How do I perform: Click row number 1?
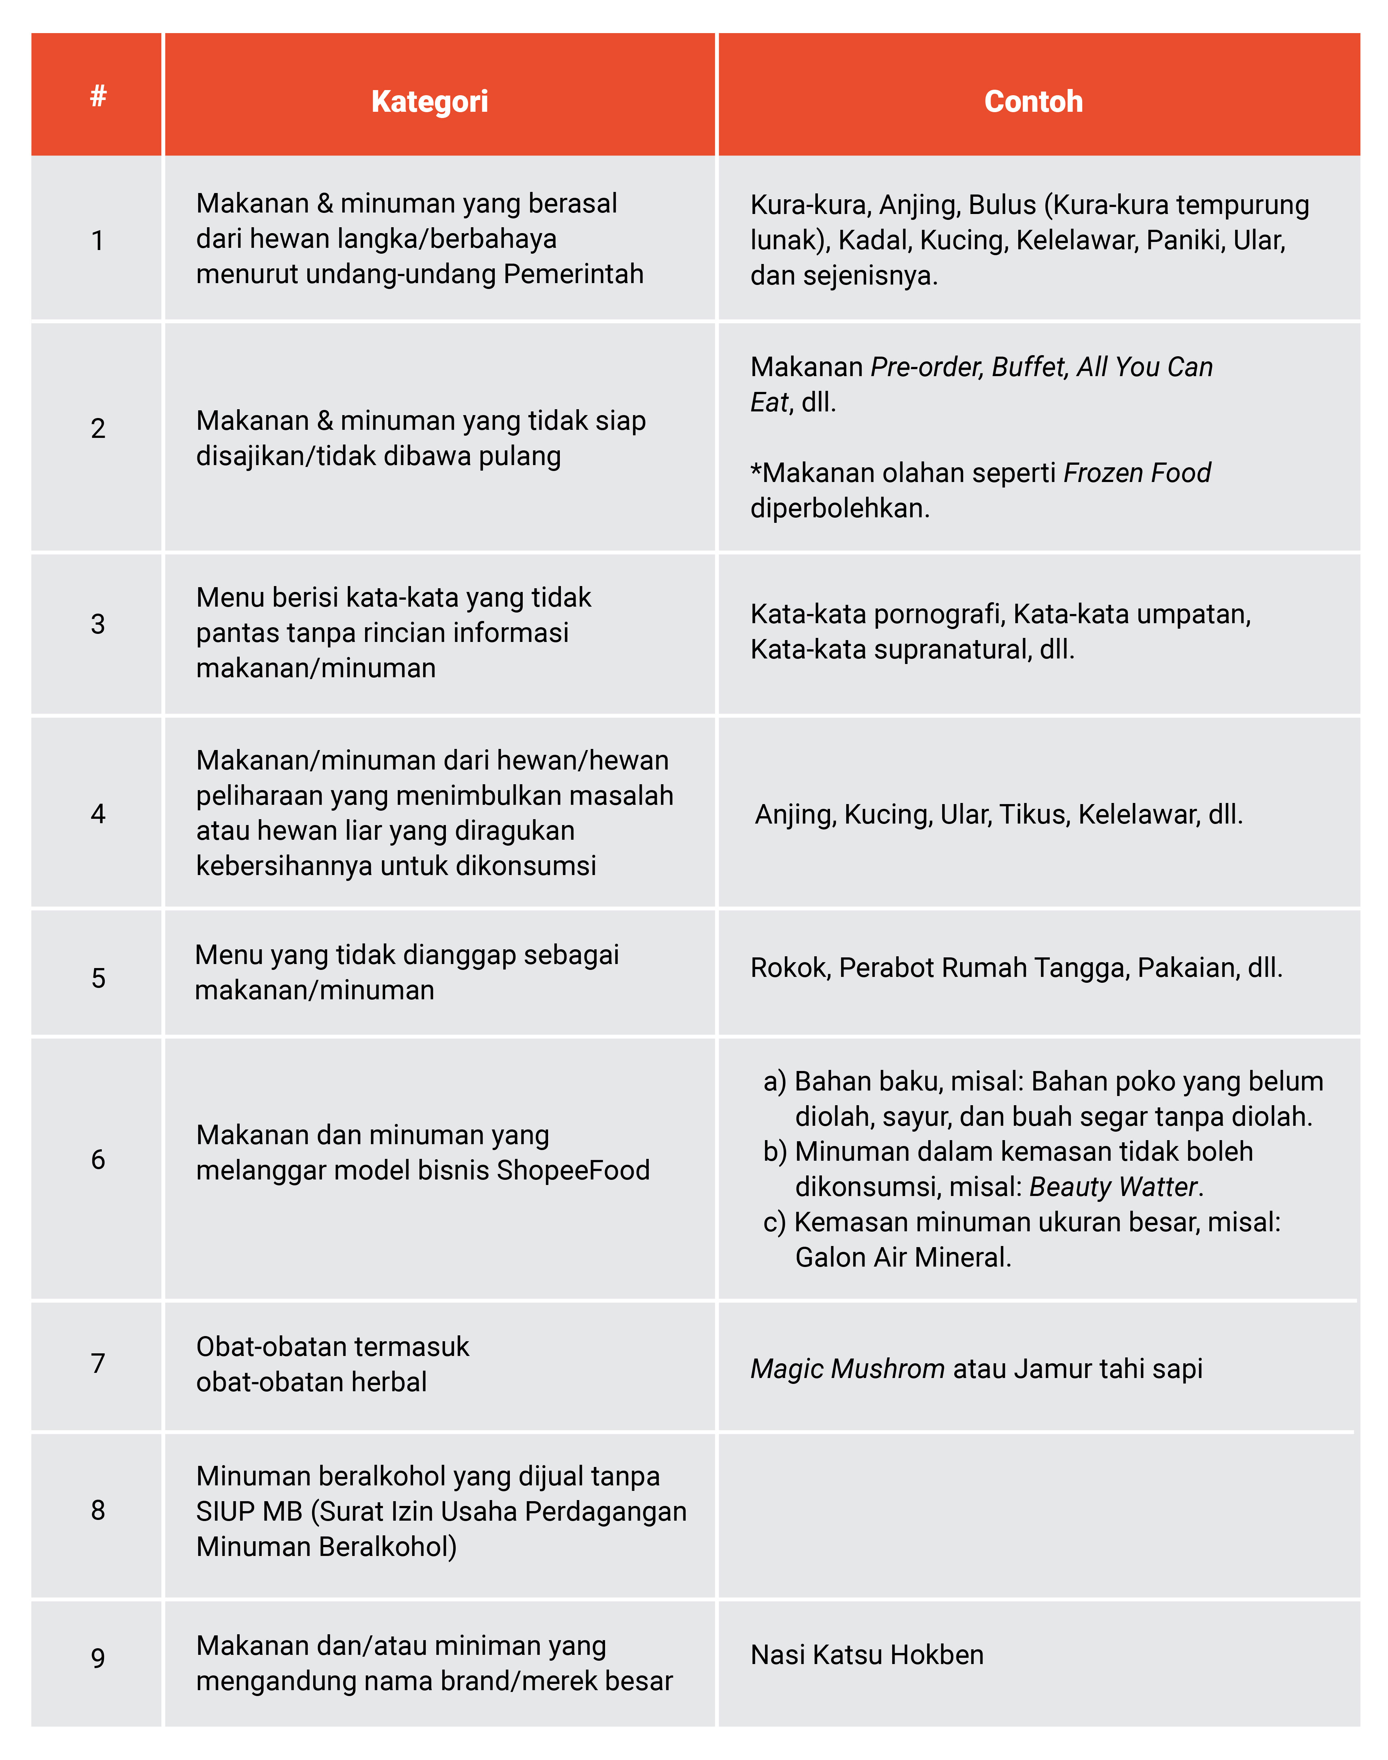(97, 240)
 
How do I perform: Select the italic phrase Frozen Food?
(1137, 472)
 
